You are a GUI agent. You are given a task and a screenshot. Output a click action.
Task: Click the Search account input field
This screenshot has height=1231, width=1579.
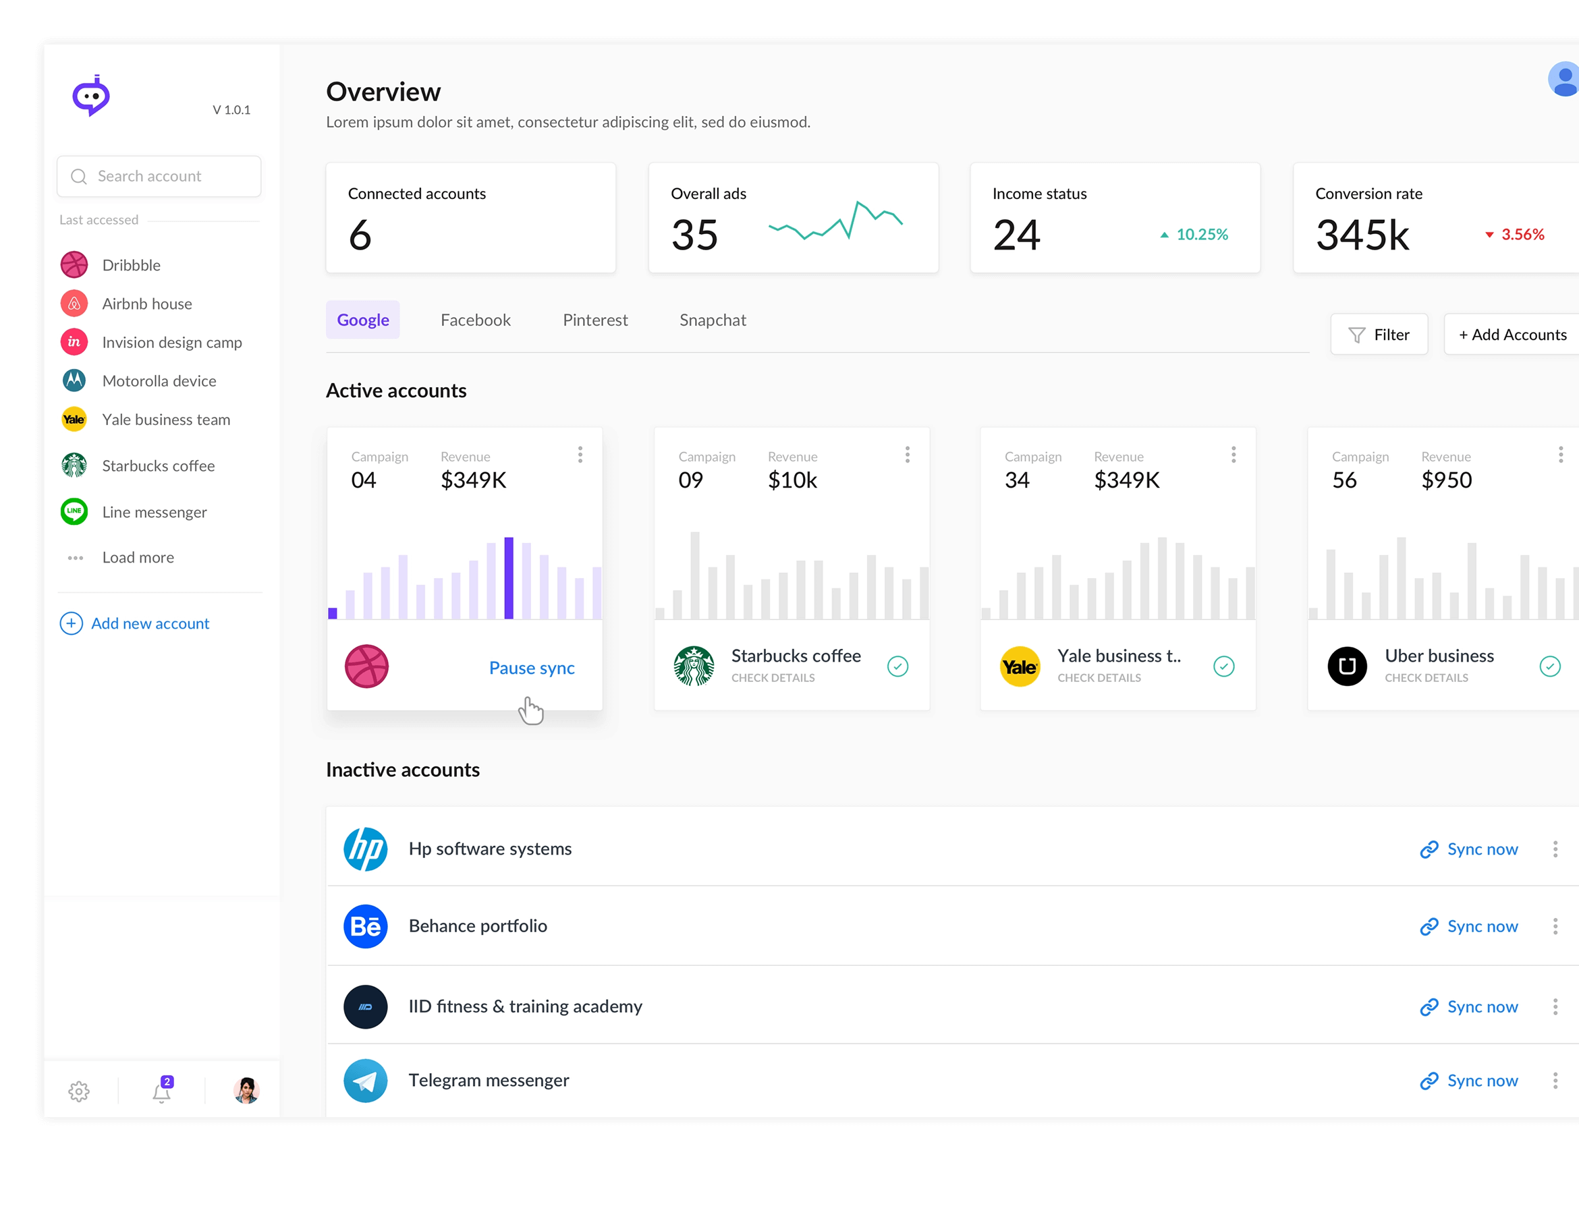point(159,176)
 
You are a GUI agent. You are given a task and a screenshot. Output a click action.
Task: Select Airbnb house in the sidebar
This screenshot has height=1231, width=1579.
point(147,304)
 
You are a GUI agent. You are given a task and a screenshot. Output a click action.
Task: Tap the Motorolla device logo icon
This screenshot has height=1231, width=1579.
point(74,380)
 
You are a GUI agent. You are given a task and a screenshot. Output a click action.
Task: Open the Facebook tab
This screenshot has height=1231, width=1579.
point(475,320)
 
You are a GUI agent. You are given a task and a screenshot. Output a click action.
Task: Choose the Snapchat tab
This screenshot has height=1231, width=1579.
point(712,320)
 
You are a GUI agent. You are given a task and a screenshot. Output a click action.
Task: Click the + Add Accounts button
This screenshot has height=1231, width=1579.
point(1512,335)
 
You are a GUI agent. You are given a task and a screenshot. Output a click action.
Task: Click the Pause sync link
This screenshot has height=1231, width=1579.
point(532,668)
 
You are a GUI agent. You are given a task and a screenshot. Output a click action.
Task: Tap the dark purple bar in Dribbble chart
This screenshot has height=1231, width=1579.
point(508,578)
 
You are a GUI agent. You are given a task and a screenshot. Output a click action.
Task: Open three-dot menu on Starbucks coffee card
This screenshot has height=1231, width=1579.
point(907,455)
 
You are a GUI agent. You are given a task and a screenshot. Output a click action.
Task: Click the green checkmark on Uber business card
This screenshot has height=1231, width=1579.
point(1549,666)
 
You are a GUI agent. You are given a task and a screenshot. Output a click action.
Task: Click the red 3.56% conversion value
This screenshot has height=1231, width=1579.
point(1522,234)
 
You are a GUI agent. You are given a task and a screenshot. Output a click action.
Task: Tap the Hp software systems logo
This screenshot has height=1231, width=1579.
point(365,849)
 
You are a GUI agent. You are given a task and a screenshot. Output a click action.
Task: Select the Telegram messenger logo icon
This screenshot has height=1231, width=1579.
point(365,1081)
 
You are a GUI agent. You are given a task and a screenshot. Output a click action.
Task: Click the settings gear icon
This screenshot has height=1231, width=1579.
point(79,1091)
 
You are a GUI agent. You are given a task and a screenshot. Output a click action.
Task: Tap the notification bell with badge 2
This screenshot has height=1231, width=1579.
point(162,1091)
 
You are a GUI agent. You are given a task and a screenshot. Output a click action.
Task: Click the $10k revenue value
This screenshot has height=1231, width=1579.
point(792,480)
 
